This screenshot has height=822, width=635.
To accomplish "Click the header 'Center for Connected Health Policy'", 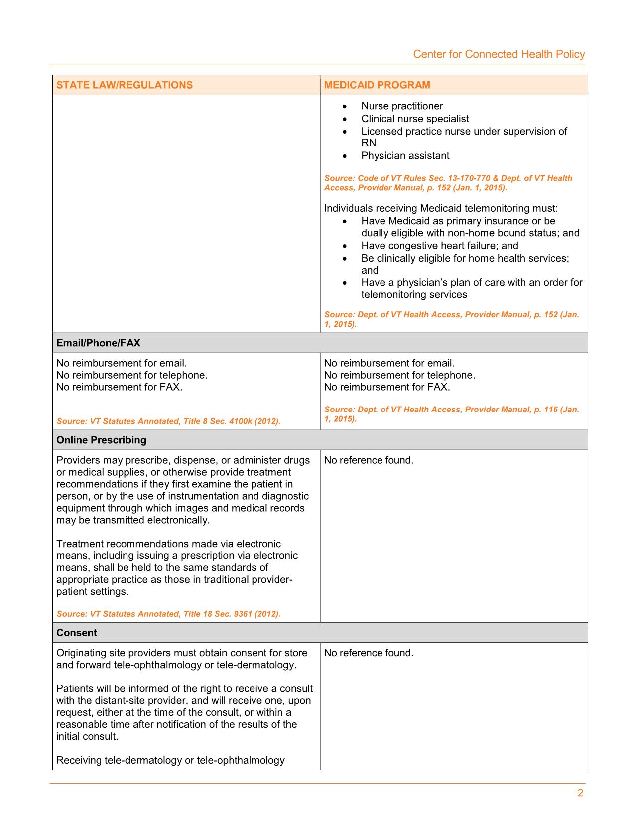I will pos(499,54).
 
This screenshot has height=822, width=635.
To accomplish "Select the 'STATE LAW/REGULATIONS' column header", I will pos(124,85).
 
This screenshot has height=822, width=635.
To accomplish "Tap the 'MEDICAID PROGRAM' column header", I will pos(377,85).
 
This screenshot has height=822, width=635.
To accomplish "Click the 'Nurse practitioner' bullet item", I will pos(402,106).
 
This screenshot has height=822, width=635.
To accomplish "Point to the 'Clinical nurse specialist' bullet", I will pos(415,119).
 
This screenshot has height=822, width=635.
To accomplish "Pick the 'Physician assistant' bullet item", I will pos(405,156).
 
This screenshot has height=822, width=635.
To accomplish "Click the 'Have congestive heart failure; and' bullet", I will pos(440,246).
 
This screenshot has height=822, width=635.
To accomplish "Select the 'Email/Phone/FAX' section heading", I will pos(99,343).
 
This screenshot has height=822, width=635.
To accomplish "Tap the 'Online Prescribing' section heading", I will pos(102,440).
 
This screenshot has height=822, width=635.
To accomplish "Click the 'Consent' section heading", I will pos(77,633).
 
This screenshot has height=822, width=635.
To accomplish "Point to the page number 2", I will pos(580,793).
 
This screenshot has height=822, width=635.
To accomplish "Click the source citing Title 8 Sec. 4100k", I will pos(168,421).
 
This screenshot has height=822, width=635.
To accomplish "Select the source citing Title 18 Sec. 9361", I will pos(168,614).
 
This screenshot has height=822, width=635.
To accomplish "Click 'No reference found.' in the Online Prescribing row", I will pos(369,460).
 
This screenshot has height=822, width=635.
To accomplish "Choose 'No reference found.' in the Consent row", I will pos(369,653).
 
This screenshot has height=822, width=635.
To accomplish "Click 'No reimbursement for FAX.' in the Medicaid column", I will pos(387,387).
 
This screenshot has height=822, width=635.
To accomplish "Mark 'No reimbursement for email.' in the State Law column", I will pos(122,363).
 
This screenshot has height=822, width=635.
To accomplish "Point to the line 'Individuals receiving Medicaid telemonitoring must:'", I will pos(441,208).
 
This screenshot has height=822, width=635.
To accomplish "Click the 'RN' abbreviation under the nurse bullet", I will pos(369,143).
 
